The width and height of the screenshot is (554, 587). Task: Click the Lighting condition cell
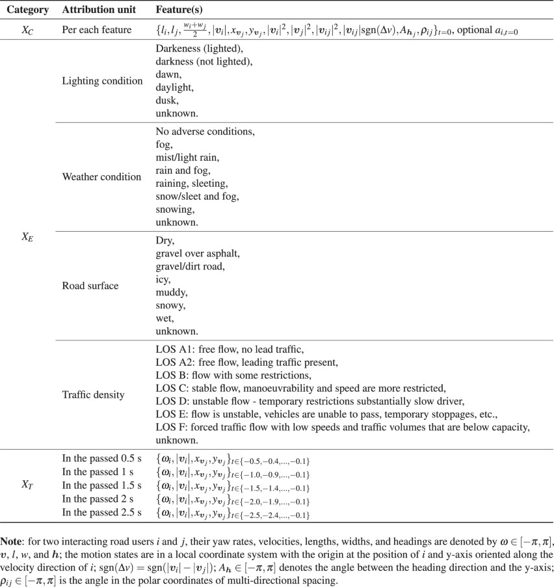101,81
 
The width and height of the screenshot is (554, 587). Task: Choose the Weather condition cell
101,176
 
